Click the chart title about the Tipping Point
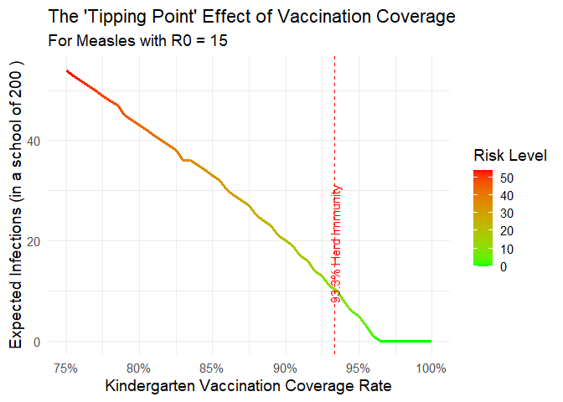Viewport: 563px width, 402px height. tap(252, 17)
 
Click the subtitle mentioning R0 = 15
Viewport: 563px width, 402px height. tap(138, 40)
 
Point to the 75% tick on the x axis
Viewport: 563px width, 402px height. tap(66, 367)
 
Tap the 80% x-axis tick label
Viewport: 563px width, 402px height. tap(139, 367)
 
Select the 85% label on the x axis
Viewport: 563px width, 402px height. tap(212, 367)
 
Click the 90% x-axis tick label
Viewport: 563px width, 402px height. tap(285, 367)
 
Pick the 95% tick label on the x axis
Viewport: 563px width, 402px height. tap(358, 367)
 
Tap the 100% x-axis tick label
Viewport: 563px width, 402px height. tap(431, 367)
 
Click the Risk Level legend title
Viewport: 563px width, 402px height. tap(510, 156)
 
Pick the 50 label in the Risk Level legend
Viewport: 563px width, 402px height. tap(507, 178)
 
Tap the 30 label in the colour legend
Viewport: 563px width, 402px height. tap(507, 214)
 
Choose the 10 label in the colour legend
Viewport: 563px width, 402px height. tap(507, 249)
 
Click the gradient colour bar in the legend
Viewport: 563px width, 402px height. tap(483, 218)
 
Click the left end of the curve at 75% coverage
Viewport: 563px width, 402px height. tap(67, 71)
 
